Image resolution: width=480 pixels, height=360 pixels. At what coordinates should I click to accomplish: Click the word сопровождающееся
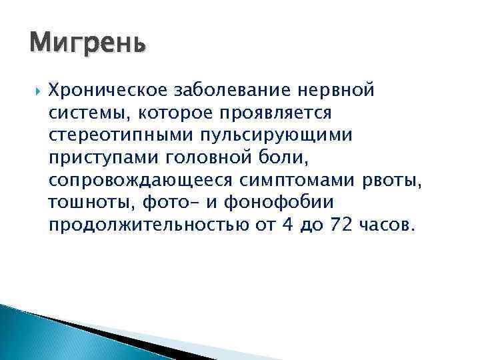(x=135, y=179)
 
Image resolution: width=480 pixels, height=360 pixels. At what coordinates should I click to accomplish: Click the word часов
(x=388, y=224)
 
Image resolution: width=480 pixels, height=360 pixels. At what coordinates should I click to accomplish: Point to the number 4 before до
(x=287, y=224)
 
